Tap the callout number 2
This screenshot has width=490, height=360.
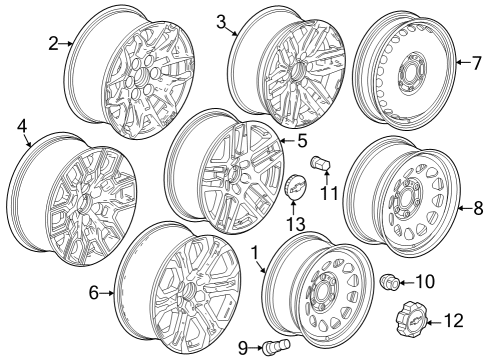point(55,42)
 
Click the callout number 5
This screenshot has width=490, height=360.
point(301,142)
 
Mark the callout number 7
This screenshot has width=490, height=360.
point(477,63)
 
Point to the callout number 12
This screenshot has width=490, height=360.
point(453,321)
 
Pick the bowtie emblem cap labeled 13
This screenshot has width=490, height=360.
point(296,190)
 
